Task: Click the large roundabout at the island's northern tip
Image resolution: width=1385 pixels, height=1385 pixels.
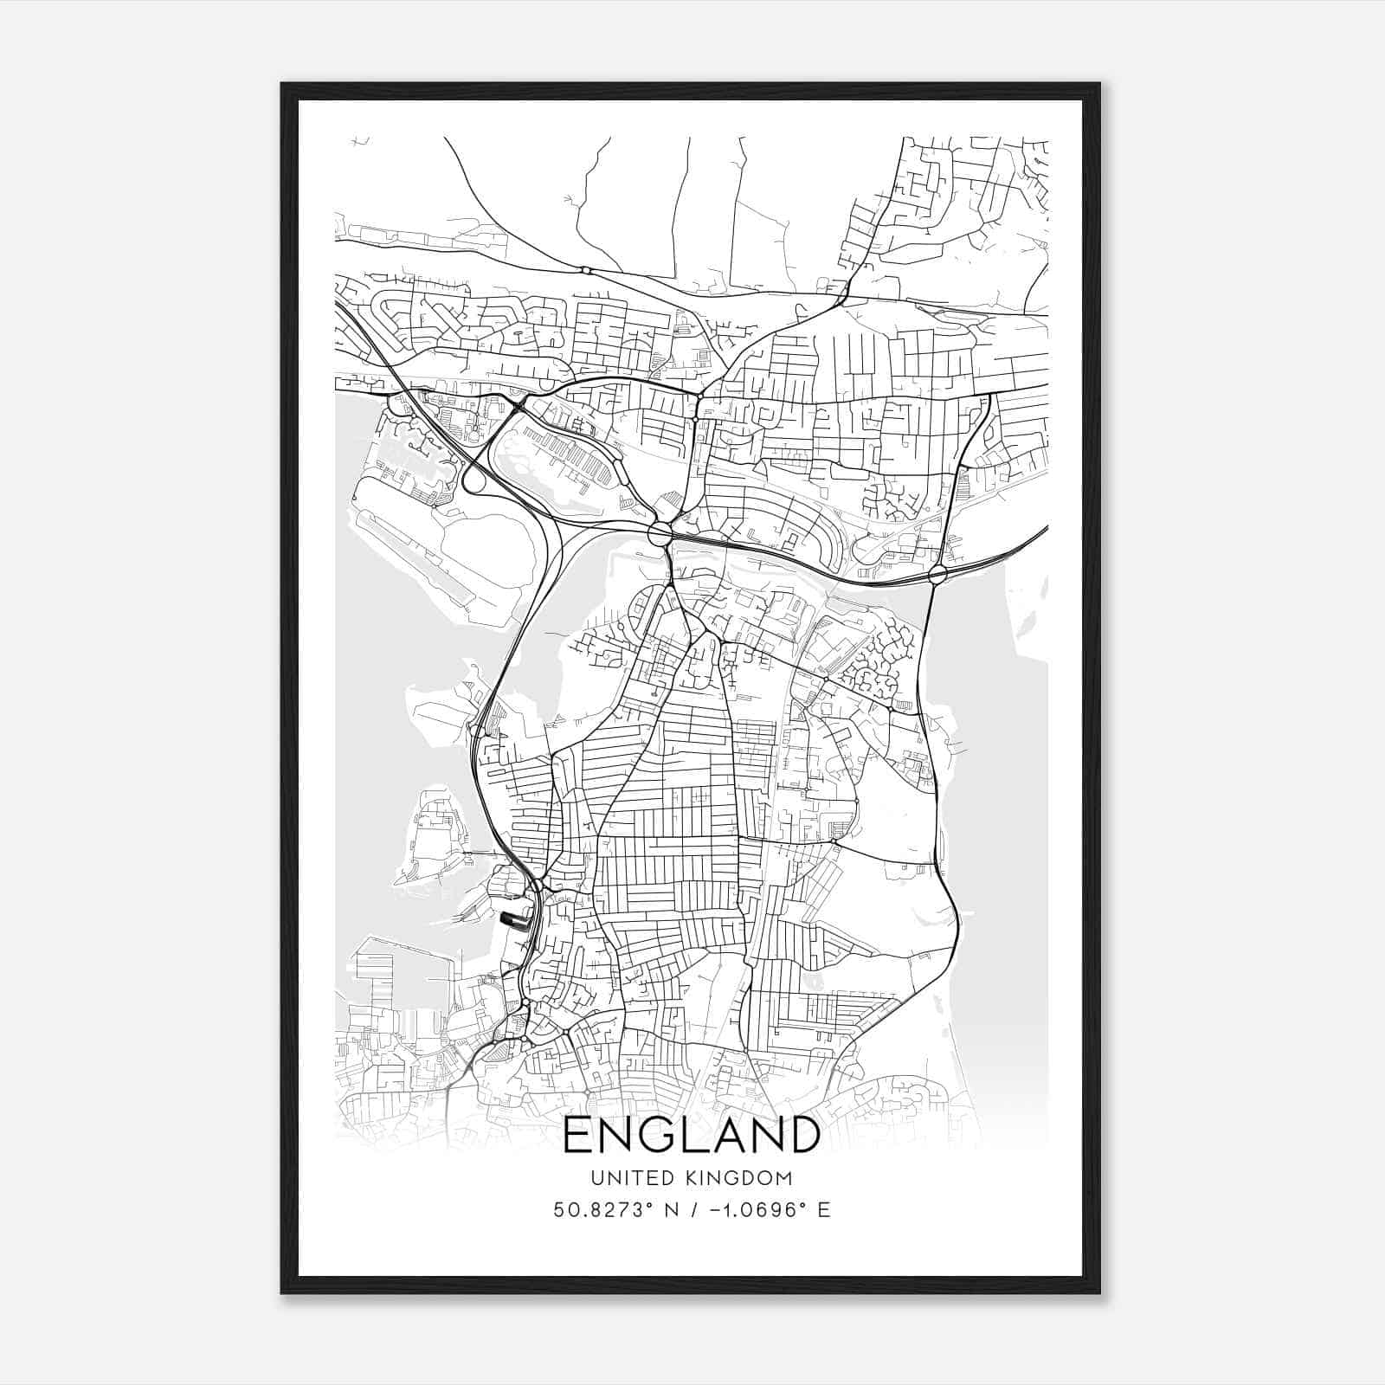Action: [660, 533]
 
